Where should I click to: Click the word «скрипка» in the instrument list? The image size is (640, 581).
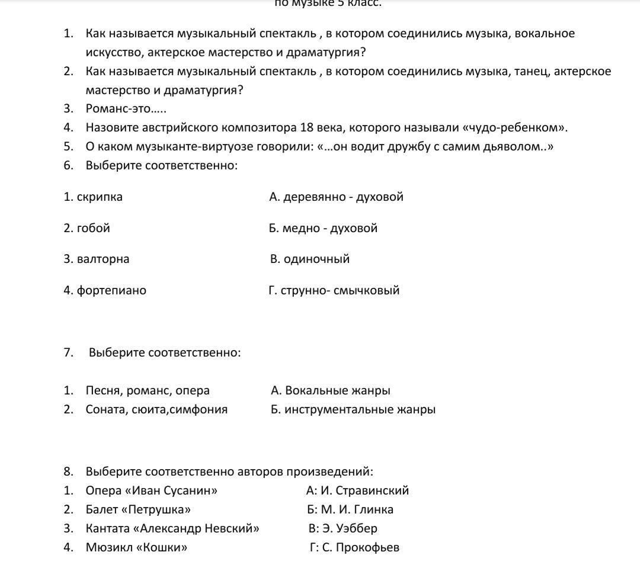pyautogui.click(x=100, y=197)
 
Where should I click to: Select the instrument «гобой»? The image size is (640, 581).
pyautogui.click(x=94, y=228)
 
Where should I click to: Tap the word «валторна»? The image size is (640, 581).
pyautogui.click(x=103, y=259)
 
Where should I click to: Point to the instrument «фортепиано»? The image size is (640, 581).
pyautogui.click(x=111, y=290)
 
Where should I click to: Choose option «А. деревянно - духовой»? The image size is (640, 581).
pyautogui.click(x=336, y=197)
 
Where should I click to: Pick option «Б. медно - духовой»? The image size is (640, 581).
pyautogui.click(x=323, y=228)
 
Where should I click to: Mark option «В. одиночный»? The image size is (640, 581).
pyautogui.click(x=310, y=259)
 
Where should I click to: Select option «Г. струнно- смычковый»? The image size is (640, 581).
pyautogui.click(x=334, y=290)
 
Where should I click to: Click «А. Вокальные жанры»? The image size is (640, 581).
pyautogui.click(x=330, y=390)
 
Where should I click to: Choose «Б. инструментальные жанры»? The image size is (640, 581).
pyautogui.click(x=353, y=409)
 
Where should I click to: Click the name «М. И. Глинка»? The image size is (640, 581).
pyautogui.click(x=357, y=509)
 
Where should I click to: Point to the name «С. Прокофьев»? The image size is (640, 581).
pyautogui.click(x=361, y=547)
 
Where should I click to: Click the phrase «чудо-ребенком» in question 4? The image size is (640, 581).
pyautogui.click(x=514, y=127)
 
